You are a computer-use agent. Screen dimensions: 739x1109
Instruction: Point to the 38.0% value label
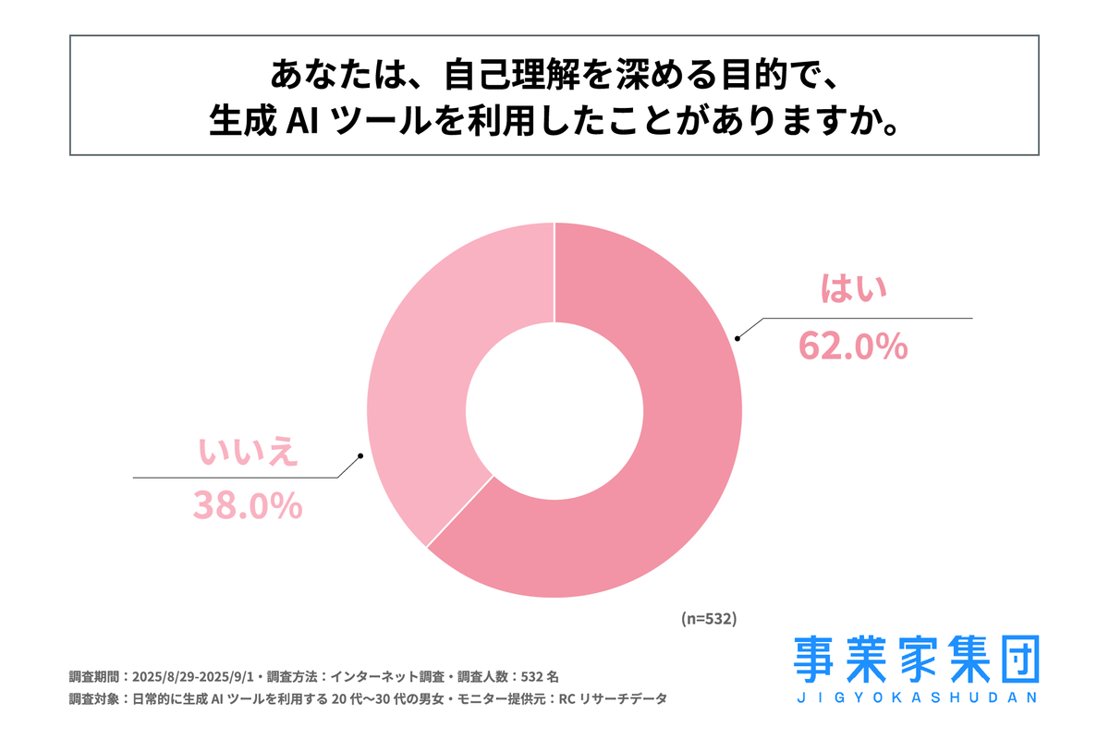tap(248, 505)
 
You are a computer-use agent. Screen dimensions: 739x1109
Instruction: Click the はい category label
tap(855, 290)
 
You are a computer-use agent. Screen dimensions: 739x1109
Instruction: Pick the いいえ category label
tap(248, 450)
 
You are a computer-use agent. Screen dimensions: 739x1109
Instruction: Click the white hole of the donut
tap(554, 410)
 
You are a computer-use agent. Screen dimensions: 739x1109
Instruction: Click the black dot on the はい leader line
tap(737, 338)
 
